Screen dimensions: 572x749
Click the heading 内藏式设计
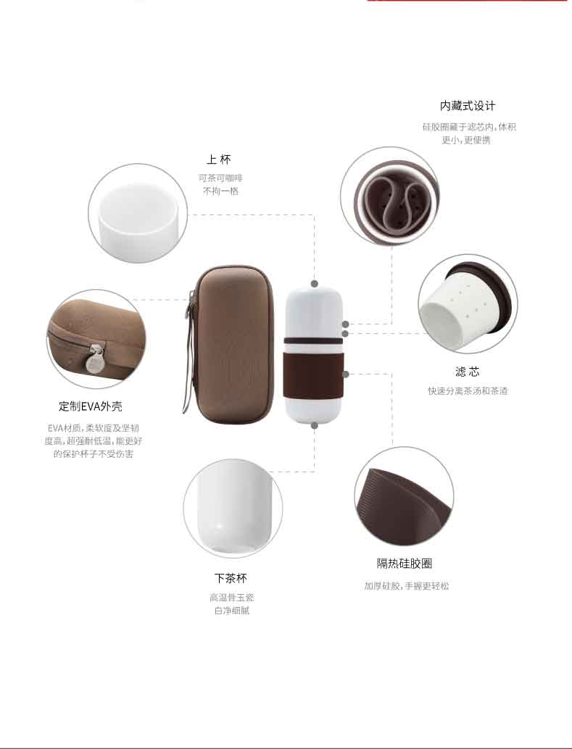[x=468, y=106]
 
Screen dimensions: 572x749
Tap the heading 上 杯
[x=219, y=159]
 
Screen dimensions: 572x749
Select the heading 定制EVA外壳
[x=91, y=406]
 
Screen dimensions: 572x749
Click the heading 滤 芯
[x=468, y=371]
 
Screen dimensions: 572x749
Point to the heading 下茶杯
[x=231, y=578]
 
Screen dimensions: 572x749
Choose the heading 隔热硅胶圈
[x=404, y=563]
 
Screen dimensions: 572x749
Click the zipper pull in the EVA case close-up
[x=96, y=359]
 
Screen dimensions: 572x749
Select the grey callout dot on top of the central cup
[x=314, y=284]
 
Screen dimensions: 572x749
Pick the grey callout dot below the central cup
[x=314, y=425]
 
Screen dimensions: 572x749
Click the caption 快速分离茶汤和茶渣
[x=468, y=390]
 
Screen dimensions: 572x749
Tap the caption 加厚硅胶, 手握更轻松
[x=407, y=585]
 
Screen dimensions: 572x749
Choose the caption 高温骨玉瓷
[x=231, y=597]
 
